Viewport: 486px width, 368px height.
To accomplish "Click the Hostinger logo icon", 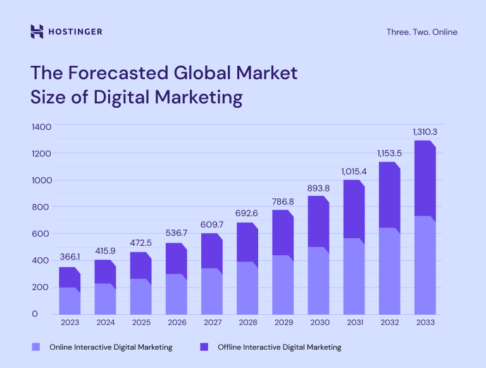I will tap(37, 32).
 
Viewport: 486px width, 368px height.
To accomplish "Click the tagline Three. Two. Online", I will tap(421, 32).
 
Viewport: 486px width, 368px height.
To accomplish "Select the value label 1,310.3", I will tap(425, 132).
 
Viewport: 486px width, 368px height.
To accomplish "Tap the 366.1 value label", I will tap(70, 257).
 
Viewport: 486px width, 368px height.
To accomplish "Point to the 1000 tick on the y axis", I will tap(41, 181).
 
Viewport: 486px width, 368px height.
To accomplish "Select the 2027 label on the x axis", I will tap(212, 322).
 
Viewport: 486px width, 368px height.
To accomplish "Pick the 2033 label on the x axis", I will tap(425, 322).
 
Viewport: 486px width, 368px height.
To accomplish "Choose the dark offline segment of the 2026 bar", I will tap(177, 259).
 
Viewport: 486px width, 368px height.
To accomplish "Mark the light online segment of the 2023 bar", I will tap(70, 301).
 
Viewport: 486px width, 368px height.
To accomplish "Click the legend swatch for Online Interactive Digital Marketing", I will tap(35, 347).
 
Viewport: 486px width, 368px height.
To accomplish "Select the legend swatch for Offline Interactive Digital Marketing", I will tap(204, 347).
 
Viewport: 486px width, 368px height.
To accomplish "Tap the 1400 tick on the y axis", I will tap(41, 127).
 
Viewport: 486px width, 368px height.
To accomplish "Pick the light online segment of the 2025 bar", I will tap(140, 296).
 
